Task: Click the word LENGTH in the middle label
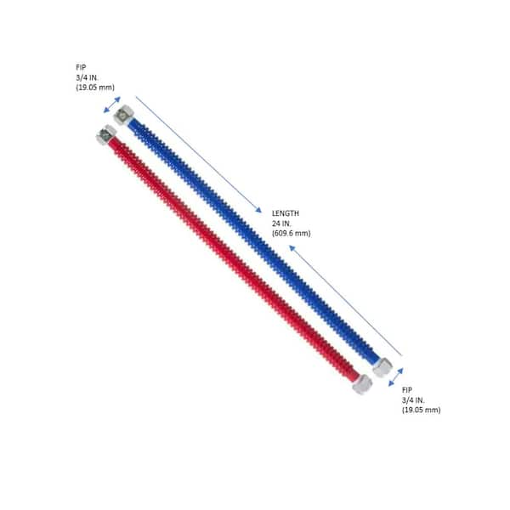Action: pyautogui.click(x=286, y=213)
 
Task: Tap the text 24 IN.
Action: pyautogui.click(x=281, y=224)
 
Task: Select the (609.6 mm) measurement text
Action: pyautogui.click(x=291, y=233)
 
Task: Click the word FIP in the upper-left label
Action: pyautogui.click(x=81, y=67)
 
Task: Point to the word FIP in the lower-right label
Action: pyautogui.click(x=407, y=389)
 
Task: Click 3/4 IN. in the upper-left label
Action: pyautogui.click(x=87, y=77)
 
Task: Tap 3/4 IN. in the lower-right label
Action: pyautogui.click(x=413, y=399)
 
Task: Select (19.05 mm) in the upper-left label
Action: pyautogui.click(x=95, y=88)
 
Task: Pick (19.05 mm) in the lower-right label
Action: pyautogui.click(x=422, y=410)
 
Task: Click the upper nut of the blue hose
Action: pyautogui.click(x=123, y=115)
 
